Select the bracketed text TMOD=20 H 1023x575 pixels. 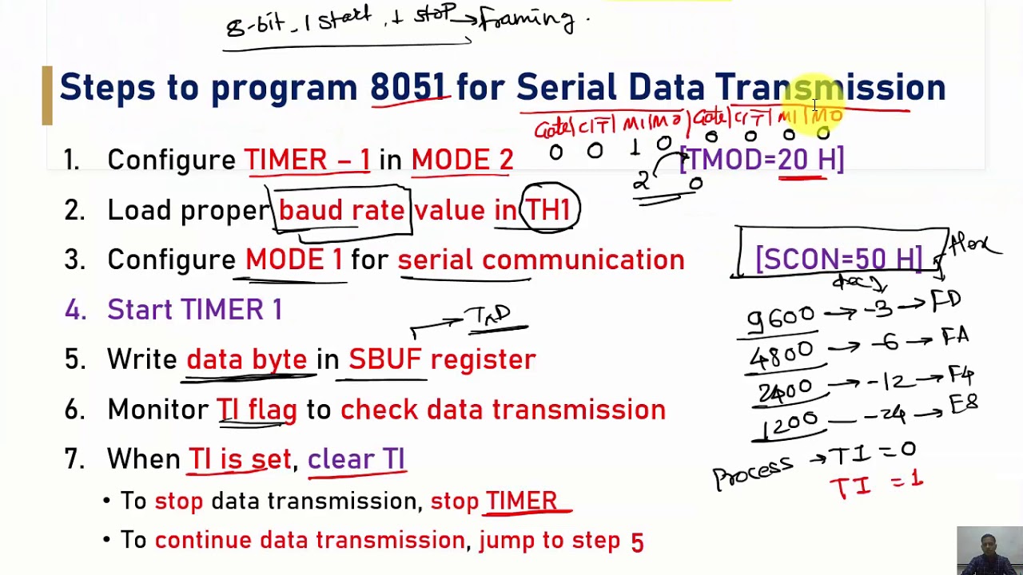pyautogui.click(x=762, y=160)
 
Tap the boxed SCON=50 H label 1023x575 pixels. pyautogui.click(x=838, y=259)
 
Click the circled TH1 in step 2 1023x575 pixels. pyautogui.click(x=548, y=210)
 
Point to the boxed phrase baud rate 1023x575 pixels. pyautogui.click(x=341, y=210)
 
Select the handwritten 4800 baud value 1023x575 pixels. pyautogui.click(x=781, y=353)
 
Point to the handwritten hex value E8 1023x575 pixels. pyautogui.click(x=963, y=406)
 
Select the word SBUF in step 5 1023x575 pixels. pyautogui.click(x=384, y=359)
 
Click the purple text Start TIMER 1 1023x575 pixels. pyautogui.click(x=194, y=310)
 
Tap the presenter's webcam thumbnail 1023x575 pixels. pyautogui.click(x=989, y=550)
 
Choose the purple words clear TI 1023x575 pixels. pyautogui.click(x=356, y=459)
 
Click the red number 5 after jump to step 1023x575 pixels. pyautogui.click(x=637, y=542)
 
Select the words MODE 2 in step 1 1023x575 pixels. pyautogui.click(x=462, y=161)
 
